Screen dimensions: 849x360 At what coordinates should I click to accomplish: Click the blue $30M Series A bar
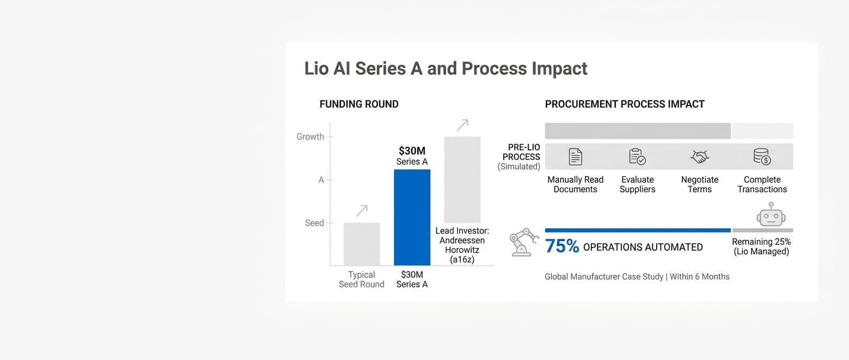pyautogui.click(x=412, y=217)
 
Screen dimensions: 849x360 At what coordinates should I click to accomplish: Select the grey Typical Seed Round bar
pyautogui.click(x=362, y=244)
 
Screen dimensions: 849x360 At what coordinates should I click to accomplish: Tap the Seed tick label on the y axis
pyautogui.click(x=314, y=223)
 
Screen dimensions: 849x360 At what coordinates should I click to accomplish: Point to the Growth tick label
pyautogui.click(x=310, y=137)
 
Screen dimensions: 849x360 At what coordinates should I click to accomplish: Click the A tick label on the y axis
pyautogui.click(x=321, y=179)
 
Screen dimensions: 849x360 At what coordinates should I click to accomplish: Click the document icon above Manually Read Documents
pyautogui.click(x=575, y=156)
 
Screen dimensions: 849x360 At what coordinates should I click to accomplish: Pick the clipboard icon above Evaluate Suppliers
pyautogui.click(x=637, y=156)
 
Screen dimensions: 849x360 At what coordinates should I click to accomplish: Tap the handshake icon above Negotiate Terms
pyautogui.click(x=699, y=156)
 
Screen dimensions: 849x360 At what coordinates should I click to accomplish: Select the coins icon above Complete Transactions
pyautogui.click(x=762, y=156)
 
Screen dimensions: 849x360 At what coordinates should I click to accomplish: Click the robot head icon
pyautogui.click(x=771, y=214)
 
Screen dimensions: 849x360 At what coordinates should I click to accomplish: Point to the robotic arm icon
pyautogui.click(x=524, y=242)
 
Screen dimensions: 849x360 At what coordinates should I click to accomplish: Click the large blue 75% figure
pyautogui.click(x=562, y=246)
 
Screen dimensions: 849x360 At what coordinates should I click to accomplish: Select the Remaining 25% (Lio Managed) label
pyautogui.click(x=762, y=246)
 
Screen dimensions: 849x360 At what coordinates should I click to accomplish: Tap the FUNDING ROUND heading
pyautogui.click(x=359, y=104)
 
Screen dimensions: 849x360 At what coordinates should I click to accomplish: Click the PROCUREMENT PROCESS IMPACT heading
pyautogui.click(x=624, y=104)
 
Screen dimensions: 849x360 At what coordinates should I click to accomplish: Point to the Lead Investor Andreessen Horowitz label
pyautogui.click(x=462, y=245)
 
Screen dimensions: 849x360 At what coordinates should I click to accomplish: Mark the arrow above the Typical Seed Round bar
pyautogui.click(x=362, y=211)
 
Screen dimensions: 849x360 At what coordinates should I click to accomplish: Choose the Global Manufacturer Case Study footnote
pyautogui.click(x=637, y=276)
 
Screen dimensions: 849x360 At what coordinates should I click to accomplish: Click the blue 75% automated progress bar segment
pyautogui.click(x=638, y=230)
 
